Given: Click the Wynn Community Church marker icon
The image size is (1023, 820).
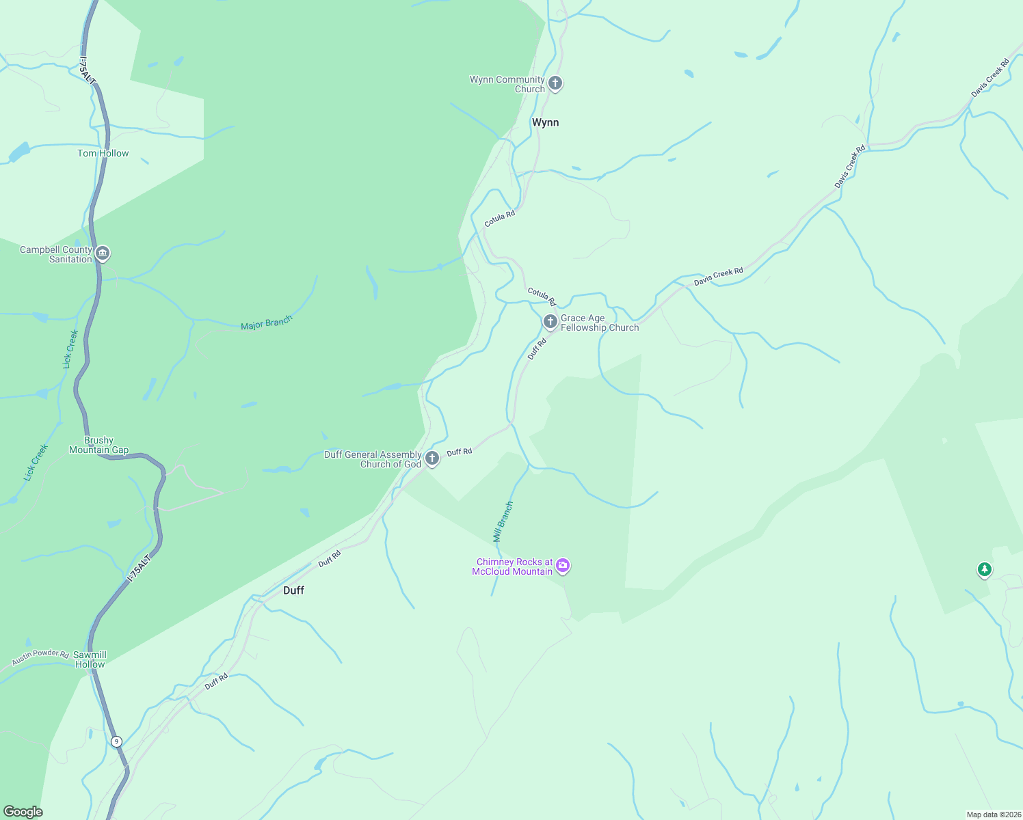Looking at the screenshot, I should click(x=555, y=83).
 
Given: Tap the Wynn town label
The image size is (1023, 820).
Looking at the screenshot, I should click(x=545, y=122).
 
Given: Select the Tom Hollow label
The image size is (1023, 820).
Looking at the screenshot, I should click(x=103, y=153).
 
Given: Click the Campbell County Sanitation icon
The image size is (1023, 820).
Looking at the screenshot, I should click(x=103, y=254).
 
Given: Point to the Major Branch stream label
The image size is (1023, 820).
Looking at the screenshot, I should click(x=267, y=323).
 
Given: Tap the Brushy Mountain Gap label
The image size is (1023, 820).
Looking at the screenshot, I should click(x=98, y=445).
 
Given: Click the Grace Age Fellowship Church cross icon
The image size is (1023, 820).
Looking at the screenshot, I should click(x=550, y=321).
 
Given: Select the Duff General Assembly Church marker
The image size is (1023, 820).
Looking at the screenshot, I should click(x=431, y=458).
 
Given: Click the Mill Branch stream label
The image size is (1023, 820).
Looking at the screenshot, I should click(x=503, y=522).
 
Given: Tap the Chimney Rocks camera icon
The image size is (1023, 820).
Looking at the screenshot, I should click(x=563, y=565).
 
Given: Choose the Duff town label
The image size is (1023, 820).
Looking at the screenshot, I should click(x=293, y=590).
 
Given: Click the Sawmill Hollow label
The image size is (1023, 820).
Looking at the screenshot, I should click(x=90, y=659).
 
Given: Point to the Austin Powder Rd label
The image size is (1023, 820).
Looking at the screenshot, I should click(x=40, y=657).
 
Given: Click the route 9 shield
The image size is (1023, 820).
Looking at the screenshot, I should click(x=116, y=741).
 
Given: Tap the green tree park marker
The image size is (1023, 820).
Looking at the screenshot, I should click(x=984, y=569).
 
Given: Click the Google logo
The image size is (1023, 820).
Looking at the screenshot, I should click(x=23, y=812).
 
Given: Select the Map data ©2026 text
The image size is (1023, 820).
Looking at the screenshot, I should click(x=994, y=815).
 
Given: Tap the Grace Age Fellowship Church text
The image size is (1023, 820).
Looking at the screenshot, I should click(x=600, y=323).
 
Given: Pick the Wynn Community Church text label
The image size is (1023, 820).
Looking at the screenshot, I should click(x=507, y=84).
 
